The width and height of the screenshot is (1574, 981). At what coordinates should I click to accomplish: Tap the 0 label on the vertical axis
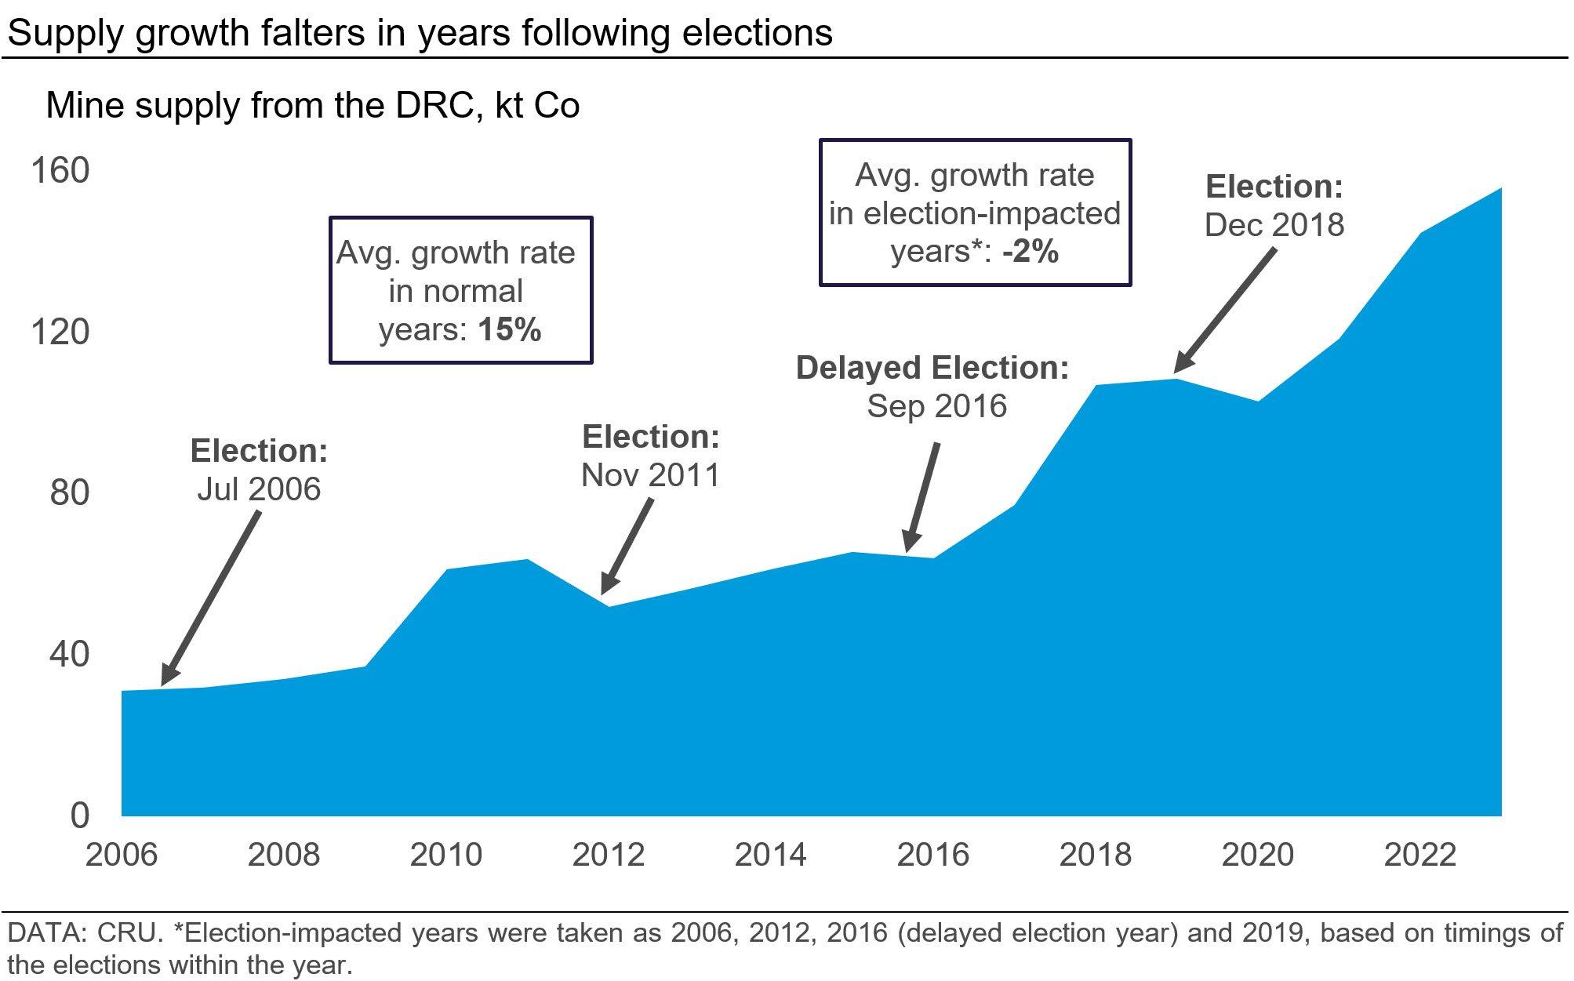[80, 816]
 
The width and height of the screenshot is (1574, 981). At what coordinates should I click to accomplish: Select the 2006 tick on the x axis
[122, 855]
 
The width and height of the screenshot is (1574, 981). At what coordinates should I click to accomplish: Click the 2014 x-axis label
[770, 855]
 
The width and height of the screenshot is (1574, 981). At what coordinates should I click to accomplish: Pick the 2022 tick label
[1420, 855]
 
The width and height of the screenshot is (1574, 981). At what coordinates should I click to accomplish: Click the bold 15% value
[510, 329]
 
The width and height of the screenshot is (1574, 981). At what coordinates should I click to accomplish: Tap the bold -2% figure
[1031, 252]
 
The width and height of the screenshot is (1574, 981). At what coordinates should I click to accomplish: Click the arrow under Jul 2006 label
[210, 598]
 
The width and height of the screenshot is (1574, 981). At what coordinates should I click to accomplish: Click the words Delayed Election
[932, 368]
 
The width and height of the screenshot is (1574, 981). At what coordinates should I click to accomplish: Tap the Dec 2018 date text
[1274, 225]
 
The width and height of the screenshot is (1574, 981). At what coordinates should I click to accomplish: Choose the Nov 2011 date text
[651, 475]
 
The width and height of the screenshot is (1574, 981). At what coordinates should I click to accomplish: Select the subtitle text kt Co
[537, 106]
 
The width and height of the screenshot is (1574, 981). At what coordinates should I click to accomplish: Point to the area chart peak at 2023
[1501, 188]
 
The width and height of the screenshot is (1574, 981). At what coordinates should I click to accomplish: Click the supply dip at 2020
[1258, 401]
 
